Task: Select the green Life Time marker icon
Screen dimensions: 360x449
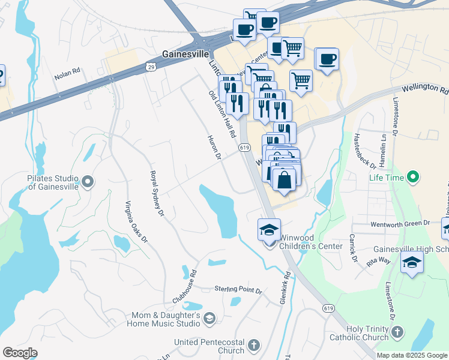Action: click(x=412, y=178)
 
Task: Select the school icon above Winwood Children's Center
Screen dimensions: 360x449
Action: click(x=269, y=230)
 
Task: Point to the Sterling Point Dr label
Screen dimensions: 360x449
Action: click(x=238, y=290)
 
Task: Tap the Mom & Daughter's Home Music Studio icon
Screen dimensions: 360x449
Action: click(x=209, y=318)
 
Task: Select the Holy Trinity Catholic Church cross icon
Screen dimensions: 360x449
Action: click(x=397, y=332)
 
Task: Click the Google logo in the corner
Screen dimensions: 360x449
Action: click(x=20, y=353)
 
